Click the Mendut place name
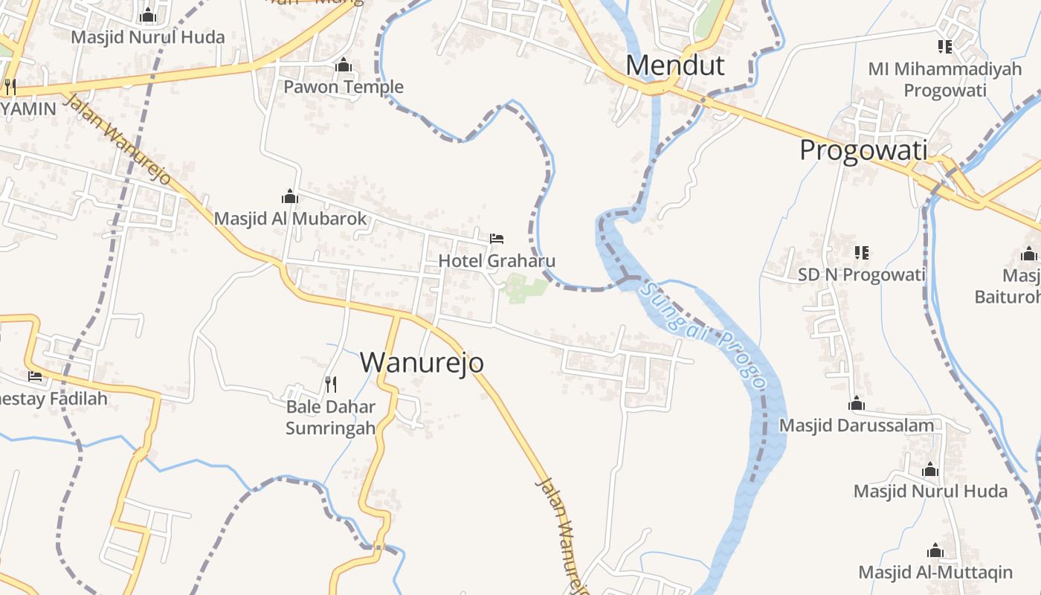[674, 65]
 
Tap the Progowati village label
[863, 151]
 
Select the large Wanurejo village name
[422, 362]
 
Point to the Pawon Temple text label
[344, 87]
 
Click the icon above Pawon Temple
[344, 66]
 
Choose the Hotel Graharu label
[496, 261]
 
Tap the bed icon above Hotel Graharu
[497, 239]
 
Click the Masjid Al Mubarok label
[291, 219]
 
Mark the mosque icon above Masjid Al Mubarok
[290, 197]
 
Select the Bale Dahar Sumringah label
[331, 417]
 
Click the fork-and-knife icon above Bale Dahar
[331, 384]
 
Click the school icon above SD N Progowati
[862, 253]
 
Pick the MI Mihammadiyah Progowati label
[944, 80]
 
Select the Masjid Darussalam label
[856, 425]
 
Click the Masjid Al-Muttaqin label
[935, 572]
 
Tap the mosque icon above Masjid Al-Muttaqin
[935, 551]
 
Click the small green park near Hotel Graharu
[524, 289]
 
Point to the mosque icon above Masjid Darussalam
[857, 404]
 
